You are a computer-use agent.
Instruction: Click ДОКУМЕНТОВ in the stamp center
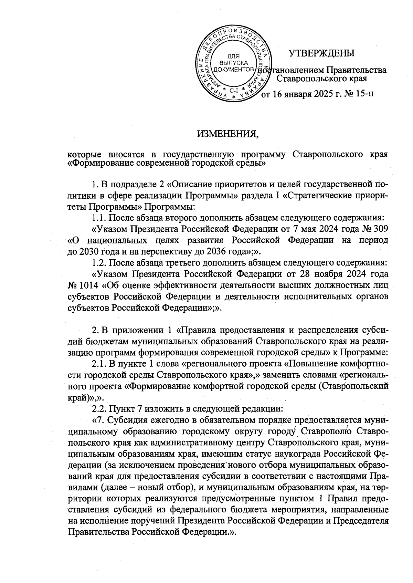234,70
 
